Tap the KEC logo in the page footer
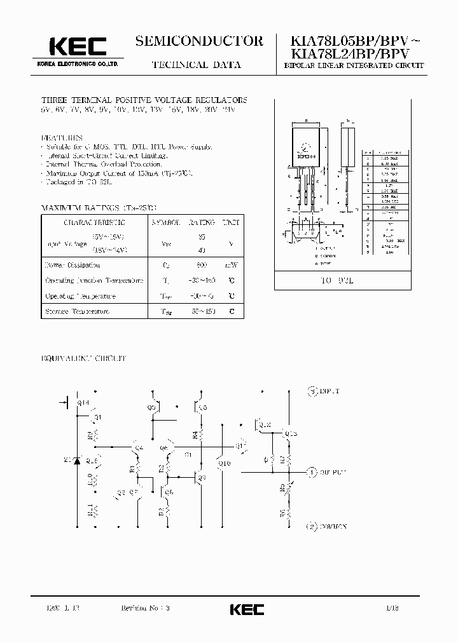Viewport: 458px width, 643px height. click(247, 609)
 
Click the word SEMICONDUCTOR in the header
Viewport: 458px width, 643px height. click(198, 41)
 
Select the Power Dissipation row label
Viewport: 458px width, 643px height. click(72, 265)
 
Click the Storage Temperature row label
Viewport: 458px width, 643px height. click(77, 311)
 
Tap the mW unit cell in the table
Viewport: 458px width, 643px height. click(232, 265)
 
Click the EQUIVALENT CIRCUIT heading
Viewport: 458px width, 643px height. click(84, 358)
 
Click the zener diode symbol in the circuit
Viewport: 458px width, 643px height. click(78, 459)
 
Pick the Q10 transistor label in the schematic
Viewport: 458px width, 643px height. click(224, 463)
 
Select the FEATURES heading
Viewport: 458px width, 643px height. click(62, 137)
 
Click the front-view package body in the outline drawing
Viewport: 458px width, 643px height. click(306, 144)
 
